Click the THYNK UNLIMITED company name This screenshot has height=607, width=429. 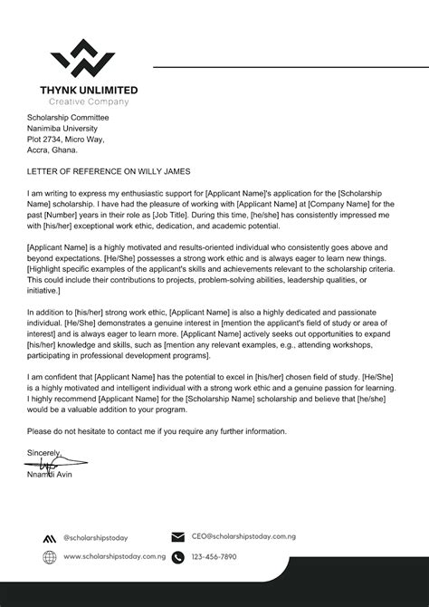(x=89, y=90)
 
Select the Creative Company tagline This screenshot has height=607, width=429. (x=89, y=101)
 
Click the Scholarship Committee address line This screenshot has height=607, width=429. (x=67, y=118)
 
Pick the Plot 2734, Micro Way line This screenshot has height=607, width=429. (x=65, y=140)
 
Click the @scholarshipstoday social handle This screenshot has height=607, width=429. (x=99, y=538)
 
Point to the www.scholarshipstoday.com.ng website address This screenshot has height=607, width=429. (x=114, y=557)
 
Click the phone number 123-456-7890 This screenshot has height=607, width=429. (x=214, y=557)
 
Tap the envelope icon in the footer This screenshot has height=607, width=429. (x=177, y=537)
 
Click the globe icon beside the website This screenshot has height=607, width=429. (x=49, y=557)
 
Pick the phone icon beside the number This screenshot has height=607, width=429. (x=177, y=557)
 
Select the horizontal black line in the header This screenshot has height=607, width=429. (x=290, y=67)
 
